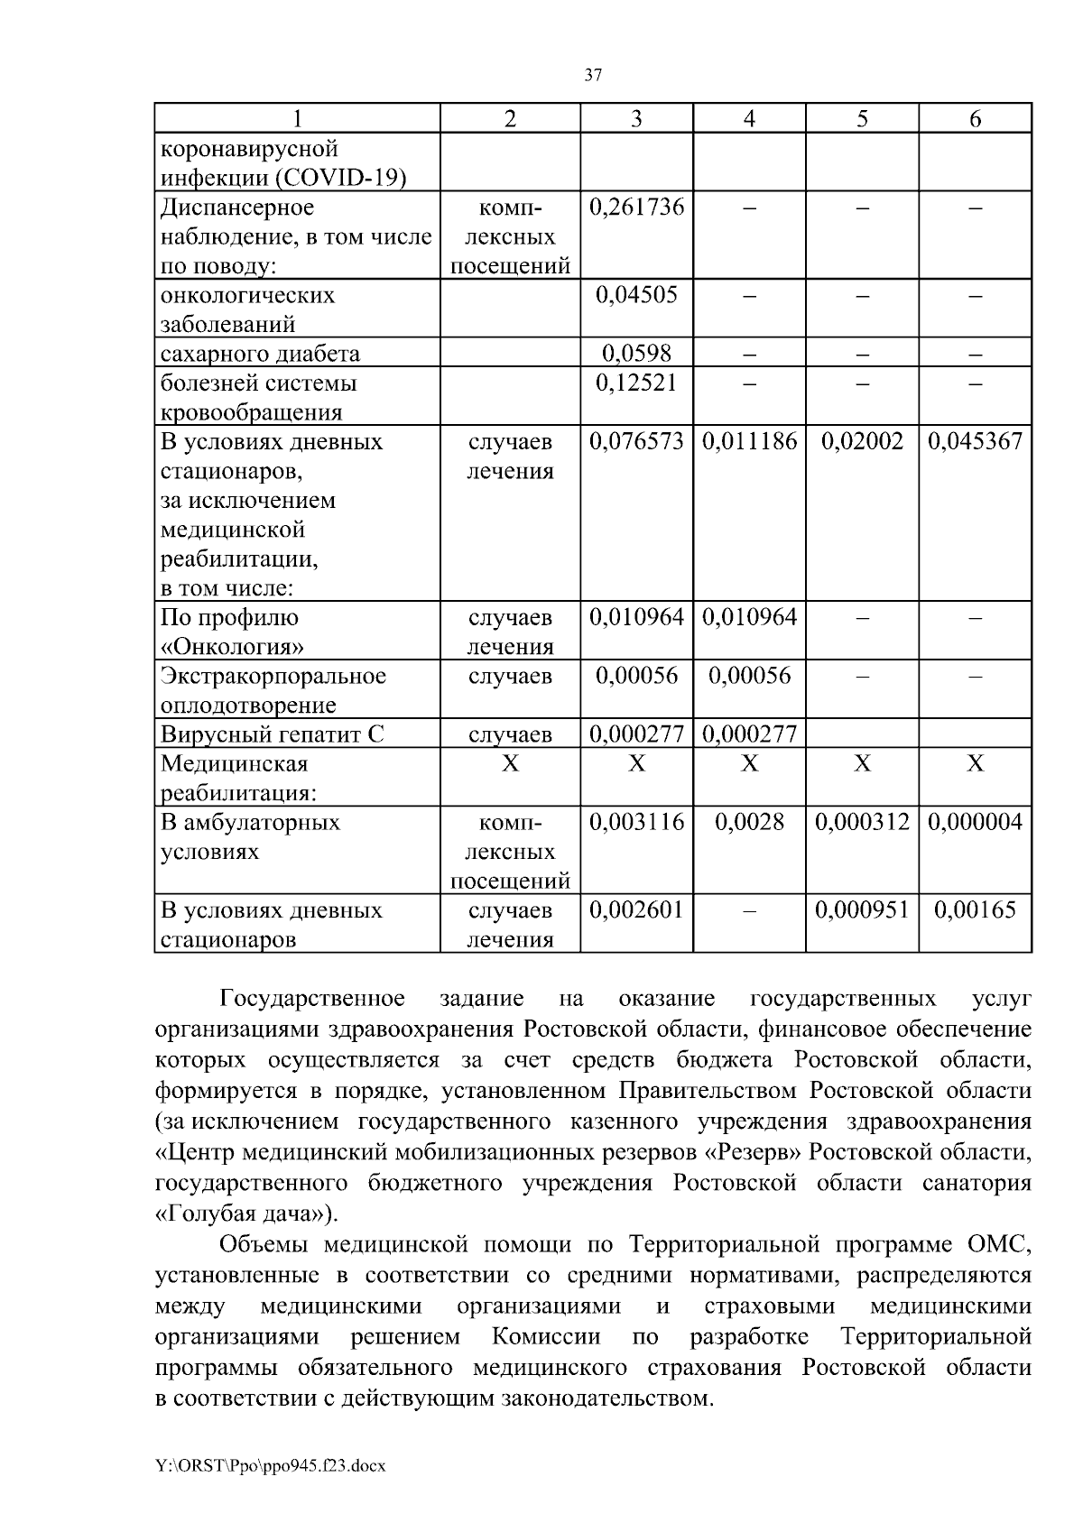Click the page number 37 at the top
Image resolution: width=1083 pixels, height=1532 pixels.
pos(593,76)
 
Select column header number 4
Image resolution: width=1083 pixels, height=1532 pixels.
pos(749,119)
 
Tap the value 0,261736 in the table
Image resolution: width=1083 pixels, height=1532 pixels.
pos(636,208)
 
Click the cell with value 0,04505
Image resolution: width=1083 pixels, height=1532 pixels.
pos(636,295)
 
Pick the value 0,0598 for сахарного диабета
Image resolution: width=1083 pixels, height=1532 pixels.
pos(636,353)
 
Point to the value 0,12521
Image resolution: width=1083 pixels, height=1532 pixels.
pos(636,383)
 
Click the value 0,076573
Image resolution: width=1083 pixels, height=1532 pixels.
pos(636,441)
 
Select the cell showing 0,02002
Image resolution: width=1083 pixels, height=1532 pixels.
pos(862,441)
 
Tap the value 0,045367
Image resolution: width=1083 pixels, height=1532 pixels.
pos(975,441)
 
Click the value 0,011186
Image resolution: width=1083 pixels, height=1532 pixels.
pos(749,441)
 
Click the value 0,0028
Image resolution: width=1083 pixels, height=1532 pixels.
pos(749,822)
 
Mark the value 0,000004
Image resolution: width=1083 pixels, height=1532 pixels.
pos(975,822)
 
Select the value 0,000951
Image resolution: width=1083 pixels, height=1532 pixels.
pos(862,909)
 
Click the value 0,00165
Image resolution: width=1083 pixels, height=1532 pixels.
pos(975,909)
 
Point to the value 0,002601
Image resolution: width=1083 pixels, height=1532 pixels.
pos(636,909)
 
